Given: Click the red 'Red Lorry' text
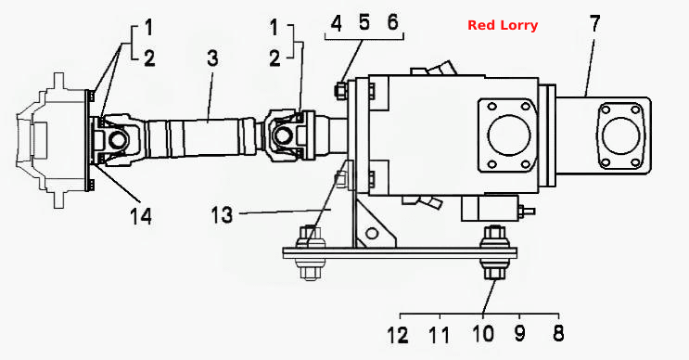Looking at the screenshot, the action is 503,25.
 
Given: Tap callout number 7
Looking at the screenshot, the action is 594,23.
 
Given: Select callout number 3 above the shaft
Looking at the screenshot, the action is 212,58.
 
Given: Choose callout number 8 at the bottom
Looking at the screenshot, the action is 558,333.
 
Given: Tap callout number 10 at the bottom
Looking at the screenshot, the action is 483,334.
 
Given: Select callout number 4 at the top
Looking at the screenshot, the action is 336,23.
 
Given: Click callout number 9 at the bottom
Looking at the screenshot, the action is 519,334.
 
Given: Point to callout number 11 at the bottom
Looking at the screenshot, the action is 440,335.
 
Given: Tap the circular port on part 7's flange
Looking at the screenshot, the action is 620,135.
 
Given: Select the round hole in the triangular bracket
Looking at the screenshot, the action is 372,233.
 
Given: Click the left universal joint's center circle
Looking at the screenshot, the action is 118,140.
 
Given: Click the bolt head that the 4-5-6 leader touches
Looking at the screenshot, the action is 340,91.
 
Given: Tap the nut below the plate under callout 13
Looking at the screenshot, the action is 311,273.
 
